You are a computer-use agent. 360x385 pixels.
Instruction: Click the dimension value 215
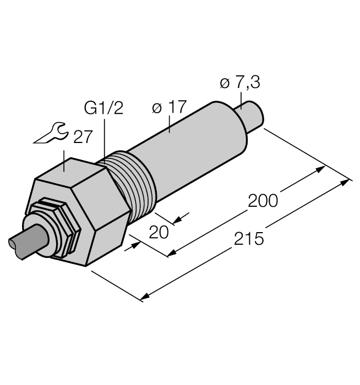click(249, 239)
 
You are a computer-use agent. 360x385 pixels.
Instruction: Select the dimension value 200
click(263, 201)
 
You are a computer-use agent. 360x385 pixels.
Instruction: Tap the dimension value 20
click(159, 233)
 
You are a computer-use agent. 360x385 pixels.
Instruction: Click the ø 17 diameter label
click(170, 107)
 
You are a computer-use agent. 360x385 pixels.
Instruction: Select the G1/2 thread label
click(103, 108)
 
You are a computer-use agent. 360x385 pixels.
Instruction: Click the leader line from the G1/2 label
click(104, 137)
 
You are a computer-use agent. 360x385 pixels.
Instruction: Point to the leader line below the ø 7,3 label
click(241, 100)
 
